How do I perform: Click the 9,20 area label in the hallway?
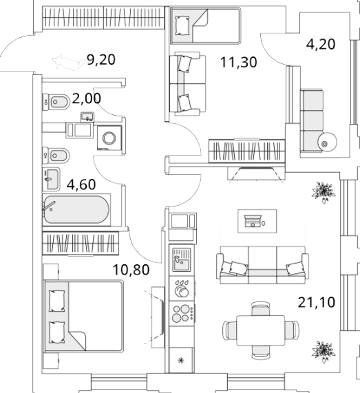click(x=101, y=60)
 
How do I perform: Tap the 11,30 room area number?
click(x=239, y=62)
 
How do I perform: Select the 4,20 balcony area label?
click(x=321, y=44)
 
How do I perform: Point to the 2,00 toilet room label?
click(x=87, y=98)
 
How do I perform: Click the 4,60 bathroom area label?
click(x=81, y=184)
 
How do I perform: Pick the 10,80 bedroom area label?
click(x=131, y=270)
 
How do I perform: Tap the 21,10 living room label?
click(x=317, y=302)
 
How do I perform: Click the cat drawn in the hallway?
click(x=68, y=62)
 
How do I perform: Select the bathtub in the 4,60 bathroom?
click(x=76, y=209)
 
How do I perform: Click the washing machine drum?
click(x=109, y=138)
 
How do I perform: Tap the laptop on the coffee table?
click(x=253, y=221)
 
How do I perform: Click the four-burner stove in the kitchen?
click(x=182, y=314)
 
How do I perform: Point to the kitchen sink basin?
click(x=182, y=265)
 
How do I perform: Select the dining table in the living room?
click(x=261, y=330)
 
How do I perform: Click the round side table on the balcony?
click(x=327, y=142)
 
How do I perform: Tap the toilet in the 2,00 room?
click(x=56, y=102)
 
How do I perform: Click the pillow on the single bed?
click(x=182, y=26)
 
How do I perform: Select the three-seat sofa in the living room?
click(x=262, y=265)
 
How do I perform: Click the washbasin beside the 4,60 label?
click(x=51, y=179)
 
